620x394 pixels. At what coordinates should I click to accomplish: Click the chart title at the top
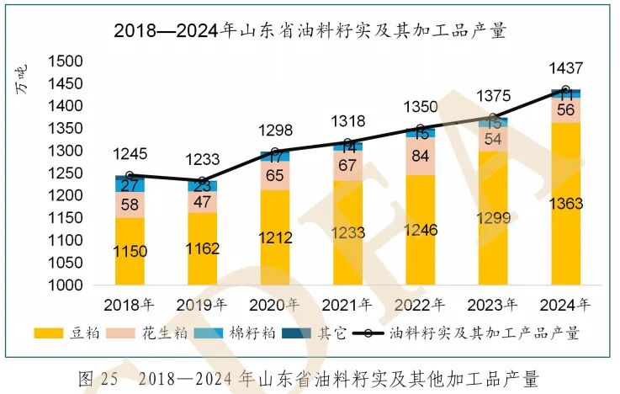[310, 32]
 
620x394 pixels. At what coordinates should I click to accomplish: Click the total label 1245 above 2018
[130, 154]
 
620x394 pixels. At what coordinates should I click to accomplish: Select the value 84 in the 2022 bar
[420, 157]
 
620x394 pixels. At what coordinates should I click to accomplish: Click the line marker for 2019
[203, 180]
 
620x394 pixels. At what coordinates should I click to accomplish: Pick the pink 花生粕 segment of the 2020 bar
[275, 176]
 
